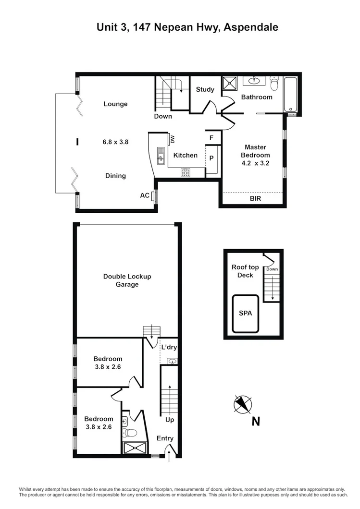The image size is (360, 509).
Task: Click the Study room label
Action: pos(205,89)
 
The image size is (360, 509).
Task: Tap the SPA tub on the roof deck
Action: pos(246,314)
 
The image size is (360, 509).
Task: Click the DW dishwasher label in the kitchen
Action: pos(172,139)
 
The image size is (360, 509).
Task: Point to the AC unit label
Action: pos(144,195)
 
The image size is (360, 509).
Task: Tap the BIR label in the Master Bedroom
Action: pos(255,198)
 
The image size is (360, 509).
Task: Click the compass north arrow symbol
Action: pos(242,404)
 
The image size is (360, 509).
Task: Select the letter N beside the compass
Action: pos(256,422)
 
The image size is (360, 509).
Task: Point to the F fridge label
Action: pos(211,137)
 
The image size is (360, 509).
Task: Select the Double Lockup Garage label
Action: pos(127,280)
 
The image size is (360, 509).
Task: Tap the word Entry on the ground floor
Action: pos(165,438)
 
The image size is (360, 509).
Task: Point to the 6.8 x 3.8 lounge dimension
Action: pos(115,142)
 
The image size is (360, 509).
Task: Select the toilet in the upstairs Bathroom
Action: pos(274,85)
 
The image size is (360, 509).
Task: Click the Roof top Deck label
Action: pos(245,271)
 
